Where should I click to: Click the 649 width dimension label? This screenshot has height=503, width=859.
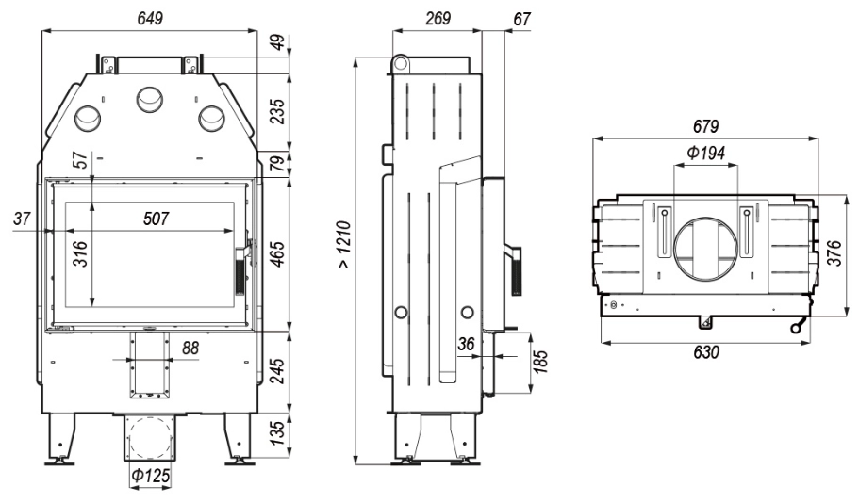(x=150, y=18)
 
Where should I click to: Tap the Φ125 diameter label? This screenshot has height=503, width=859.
(x=150, y=476)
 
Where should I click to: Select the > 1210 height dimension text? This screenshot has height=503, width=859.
(x=343, y=245)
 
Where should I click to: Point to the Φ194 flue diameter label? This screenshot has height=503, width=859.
(x=706, y=153)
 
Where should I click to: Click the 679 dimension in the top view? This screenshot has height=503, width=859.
(x=705, y=127)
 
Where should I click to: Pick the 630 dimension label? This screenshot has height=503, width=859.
(x=705, y=352)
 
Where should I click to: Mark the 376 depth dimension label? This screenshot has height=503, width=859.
(x=834, y=252)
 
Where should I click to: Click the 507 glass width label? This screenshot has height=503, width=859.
(x=157, y=219)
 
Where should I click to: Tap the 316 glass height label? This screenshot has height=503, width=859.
(x=80, y=253)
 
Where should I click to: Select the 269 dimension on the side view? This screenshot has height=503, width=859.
(x=438, y=18)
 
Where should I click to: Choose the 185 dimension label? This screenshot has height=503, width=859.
(x=540, y=363)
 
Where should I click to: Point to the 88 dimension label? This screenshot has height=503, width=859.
(x=190, y=348)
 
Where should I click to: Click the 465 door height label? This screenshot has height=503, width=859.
(x=278, y=254)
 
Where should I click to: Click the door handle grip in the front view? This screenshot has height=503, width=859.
(x=240, y=271)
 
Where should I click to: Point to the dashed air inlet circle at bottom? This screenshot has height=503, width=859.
(x=150, y=438)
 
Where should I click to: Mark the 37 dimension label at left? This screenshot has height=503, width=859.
(x=22, y=219)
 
